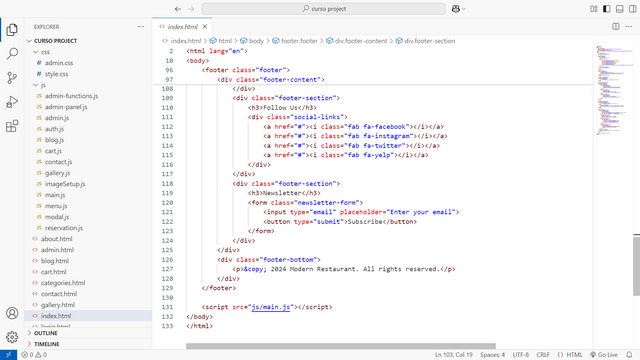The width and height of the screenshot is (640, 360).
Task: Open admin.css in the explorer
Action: point(59,62)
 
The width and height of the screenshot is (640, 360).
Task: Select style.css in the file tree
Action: point(57,73)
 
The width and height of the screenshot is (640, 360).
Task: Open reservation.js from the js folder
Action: point(64,228)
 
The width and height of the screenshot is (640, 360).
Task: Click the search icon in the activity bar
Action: point(12,53)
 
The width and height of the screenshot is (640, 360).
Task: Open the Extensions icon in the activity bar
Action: point(12,126)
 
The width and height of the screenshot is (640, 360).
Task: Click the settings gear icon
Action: point(12,337)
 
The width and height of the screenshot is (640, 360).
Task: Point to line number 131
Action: point(166,307)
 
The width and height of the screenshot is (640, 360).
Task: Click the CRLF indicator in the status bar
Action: point(543,354)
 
